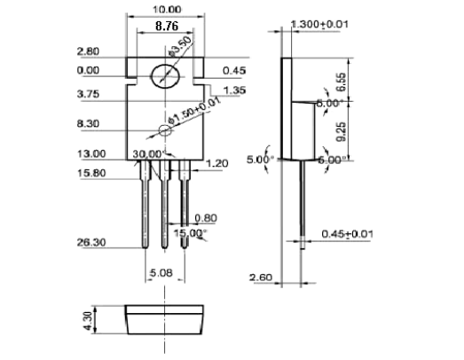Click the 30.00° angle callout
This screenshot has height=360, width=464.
[147, 153]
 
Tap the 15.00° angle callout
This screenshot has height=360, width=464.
[192, 232]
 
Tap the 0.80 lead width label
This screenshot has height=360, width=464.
[205, 216]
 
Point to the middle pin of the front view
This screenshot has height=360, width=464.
[164, 208]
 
